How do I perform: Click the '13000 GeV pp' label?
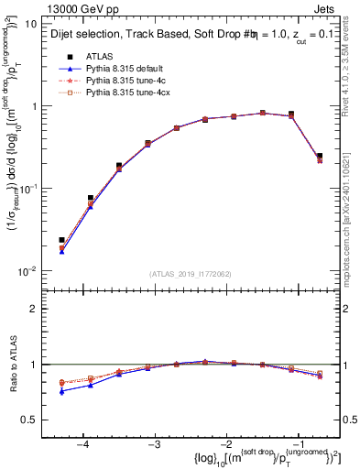(71, 8)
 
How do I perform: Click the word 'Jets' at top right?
(326, 8)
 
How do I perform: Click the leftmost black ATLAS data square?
(61, 240)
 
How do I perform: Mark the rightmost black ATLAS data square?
(319, 156)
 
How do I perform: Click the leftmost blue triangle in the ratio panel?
(61, 391)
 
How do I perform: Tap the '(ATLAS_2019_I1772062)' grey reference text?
(190, 273)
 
